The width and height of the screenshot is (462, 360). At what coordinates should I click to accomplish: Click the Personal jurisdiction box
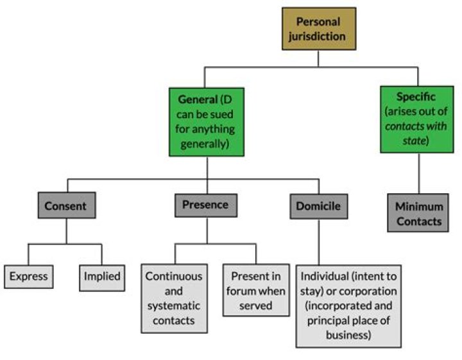click(x=319, y=29)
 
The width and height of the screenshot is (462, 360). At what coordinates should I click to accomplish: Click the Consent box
click(x=66, y=206)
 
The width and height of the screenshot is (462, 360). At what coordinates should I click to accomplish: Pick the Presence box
click(x=205, y=205)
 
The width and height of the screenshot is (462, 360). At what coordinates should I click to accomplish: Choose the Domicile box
click(x=318, y=206)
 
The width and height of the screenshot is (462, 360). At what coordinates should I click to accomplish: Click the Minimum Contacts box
click(x=418, y=214)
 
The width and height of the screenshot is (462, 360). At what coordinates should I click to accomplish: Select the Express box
click(x=28, y=277)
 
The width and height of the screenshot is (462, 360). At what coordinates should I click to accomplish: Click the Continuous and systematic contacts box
click(x=175, y=298)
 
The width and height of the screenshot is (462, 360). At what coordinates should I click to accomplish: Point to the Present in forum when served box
click(x=256, y=291)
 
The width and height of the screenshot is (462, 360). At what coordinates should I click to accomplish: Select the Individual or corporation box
click(x=348, y=305)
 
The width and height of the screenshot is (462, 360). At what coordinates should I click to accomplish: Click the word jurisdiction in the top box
click(x=319, y=36)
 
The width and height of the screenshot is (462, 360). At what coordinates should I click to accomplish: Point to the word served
click(x=255, y=305)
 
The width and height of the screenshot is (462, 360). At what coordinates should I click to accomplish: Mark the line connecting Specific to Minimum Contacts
click(x=418, y=175)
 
